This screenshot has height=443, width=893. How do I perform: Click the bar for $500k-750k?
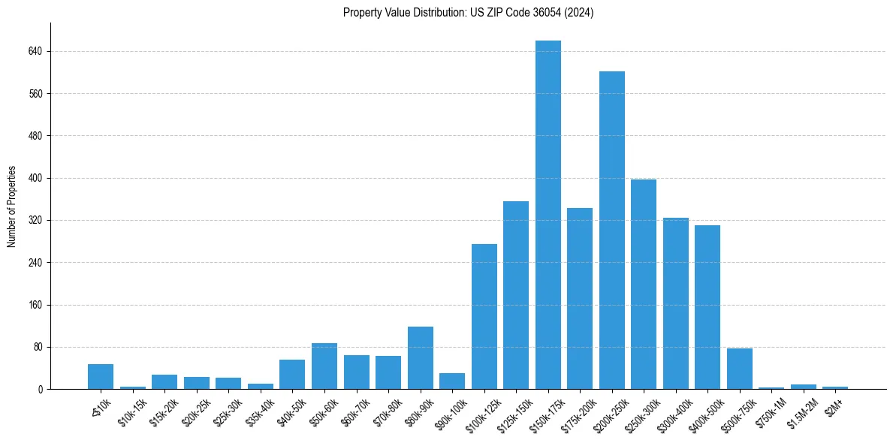coord(740,369)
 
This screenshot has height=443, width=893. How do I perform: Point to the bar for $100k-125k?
coord(484,316)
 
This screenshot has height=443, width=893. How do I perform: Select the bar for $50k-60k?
coord(324,366)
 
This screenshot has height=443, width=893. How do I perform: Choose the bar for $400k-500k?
coord(707,307)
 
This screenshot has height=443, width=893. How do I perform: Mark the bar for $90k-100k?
coord(452,381)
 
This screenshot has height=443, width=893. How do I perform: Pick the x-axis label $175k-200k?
coord(580,412)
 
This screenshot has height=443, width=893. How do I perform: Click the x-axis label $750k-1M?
coord(772,411)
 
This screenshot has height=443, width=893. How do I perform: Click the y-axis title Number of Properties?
coord(11,206)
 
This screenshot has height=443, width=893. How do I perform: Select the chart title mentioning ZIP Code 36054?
coord(469,13)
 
